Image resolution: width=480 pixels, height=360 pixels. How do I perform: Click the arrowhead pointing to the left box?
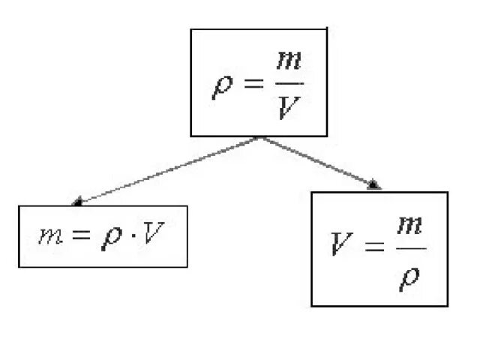pyautogui.click(x=77, y=201)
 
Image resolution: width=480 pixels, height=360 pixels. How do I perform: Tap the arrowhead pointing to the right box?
pyautogui.click(x=373, y=184)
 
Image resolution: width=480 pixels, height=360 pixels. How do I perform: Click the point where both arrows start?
pyautogui.click(x=260, y=138)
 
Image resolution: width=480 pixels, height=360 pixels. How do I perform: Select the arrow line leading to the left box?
pyautogui.click(x=169, y=169)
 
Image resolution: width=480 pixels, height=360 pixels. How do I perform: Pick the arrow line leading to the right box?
pyautogui.click(x=316, y=160)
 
